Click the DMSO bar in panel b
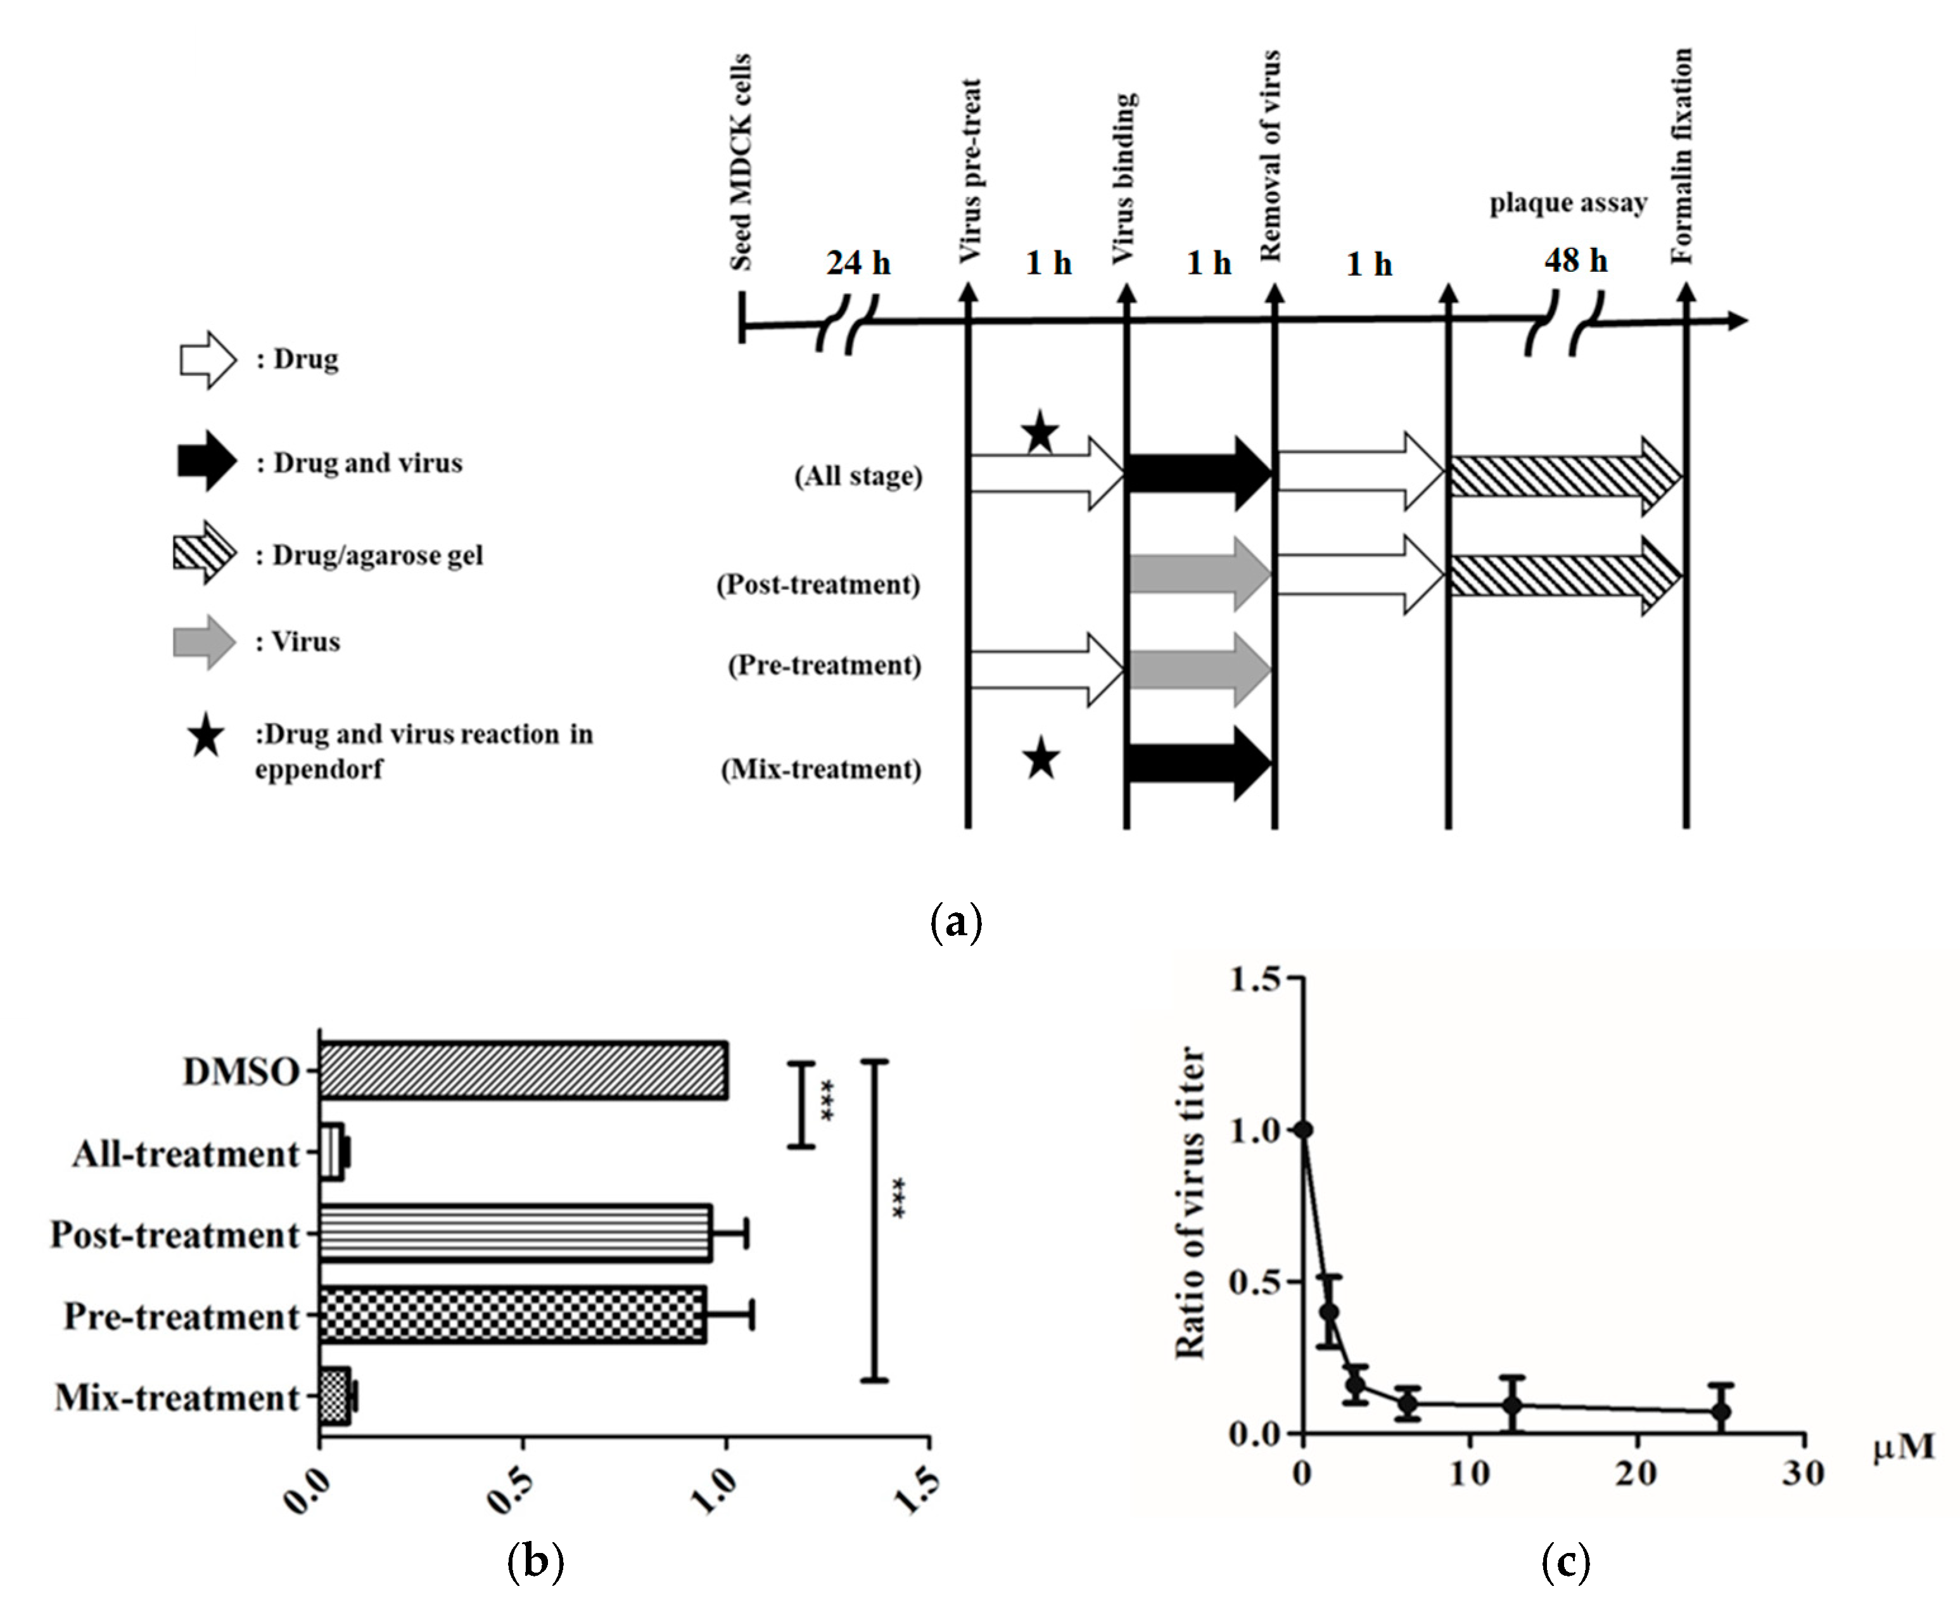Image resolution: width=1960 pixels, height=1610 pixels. tap(523, 1071)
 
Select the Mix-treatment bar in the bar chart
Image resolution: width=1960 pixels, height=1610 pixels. tap(334, 1396)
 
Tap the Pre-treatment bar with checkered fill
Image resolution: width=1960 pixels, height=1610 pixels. tap(512, 1315)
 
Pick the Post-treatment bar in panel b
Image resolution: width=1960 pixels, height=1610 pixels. tap(516, 1234)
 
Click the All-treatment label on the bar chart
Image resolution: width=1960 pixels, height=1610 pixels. tap(186, 1154)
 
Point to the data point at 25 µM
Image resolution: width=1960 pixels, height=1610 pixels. tap(1721, 1412)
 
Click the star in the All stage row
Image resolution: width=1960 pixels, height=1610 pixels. tap(1040, 432)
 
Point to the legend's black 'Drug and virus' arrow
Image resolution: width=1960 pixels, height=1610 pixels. tap(207, 461)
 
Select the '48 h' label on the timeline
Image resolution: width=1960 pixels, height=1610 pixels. tap(1575, 260)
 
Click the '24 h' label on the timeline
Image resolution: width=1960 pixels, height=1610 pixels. tap(858, 264)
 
